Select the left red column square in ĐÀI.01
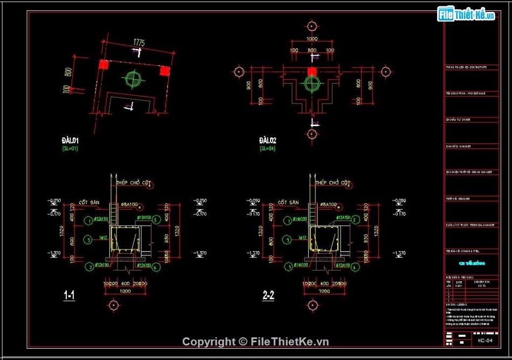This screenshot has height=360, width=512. tap(103, 64)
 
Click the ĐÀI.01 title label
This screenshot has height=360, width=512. tap(70, 141)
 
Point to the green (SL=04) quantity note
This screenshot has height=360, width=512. tap(267, 148)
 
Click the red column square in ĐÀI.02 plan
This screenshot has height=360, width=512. tap(311, 71)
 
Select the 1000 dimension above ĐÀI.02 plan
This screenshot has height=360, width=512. tap(312, 39)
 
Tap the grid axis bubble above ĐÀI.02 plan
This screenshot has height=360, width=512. tap(311, 26)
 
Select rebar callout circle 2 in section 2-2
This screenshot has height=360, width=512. tap(355, 219)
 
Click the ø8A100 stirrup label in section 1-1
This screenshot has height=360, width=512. tap(129, 205)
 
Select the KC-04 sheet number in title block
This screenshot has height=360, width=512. tap(485, 341)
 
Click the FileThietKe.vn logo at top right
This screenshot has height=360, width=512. tap(466, 15)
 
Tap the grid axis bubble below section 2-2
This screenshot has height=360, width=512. tap(311, 306)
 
